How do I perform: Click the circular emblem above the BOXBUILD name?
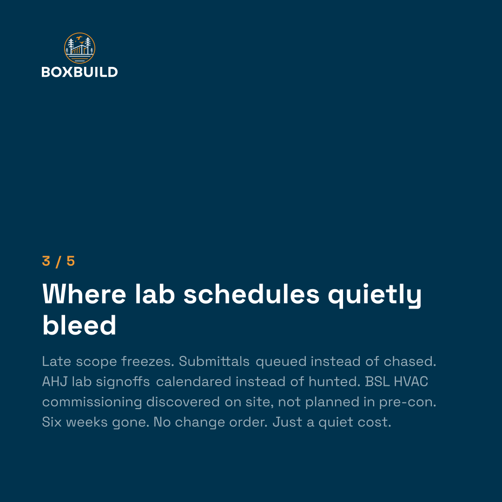(80, 48)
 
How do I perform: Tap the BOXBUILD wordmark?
(80, 72)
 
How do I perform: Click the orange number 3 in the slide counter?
(46, 261)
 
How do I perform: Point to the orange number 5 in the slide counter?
(71, 261)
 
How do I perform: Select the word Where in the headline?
(84, 294)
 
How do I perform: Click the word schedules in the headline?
(251, 294)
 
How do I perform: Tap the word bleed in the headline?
(79, 325)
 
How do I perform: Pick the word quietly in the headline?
(375, 296)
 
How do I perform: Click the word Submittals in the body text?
(214, 362)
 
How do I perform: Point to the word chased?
(410, 362)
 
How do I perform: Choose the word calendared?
(194, 382)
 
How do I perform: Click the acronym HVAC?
(411, 382)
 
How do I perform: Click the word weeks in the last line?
(87, 422)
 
